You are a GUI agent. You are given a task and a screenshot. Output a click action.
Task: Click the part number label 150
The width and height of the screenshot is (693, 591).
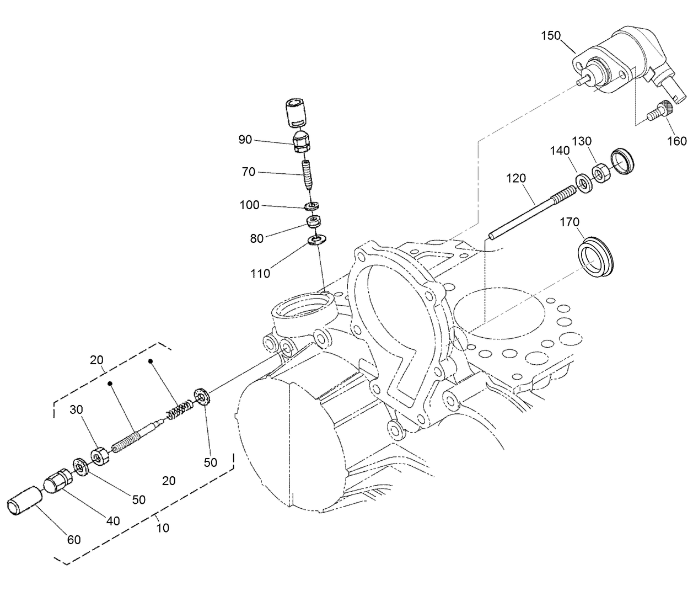tap(550, 36)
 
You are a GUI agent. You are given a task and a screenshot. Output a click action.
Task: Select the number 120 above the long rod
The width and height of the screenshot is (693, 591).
tap(516, 178)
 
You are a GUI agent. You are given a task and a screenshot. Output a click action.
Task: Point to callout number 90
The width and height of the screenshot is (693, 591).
tap(245, 140)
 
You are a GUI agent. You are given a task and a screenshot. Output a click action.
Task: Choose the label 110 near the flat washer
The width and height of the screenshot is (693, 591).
tap(260, 273)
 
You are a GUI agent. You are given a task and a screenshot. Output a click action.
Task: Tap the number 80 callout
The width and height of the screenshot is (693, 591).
tap(257, 238)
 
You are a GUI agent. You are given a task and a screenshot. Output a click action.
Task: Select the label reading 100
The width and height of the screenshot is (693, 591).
tap(249, 205)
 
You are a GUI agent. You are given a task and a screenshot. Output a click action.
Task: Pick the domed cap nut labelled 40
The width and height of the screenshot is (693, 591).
tap(56, 480)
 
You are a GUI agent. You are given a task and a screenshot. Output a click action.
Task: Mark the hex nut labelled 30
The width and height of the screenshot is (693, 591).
tap(99, 456)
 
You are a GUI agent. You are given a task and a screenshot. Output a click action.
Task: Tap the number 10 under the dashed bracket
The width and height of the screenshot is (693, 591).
tap(163, 528)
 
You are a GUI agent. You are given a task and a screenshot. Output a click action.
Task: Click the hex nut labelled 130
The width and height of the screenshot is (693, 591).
tap(600, 174)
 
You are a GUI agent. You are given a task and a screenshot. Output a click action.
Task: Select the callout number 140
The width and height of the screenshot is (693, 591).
tap(559, 151)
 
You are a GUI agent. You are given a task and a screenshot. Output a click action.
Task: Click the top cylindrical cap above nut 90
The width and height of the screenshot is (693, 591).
tap(297, 113)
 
